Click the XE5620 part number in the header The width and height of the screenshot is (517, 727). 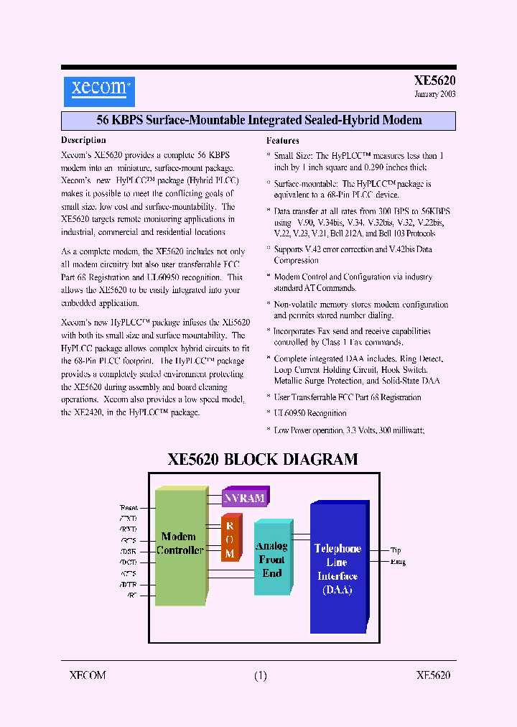pyautogui.click(x=434, y=81)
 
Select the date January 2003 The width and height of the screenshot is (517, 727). pyautogui.click(x=434, y=94)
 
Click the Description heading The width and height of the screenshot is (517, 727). pyautogui.click(x=83, y=140)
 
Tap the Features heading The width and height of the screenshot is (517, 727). pyautogui.click(x=283, y=141)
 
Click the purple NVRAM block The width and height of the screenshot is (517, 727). pyautogui.click(x=243, y=498)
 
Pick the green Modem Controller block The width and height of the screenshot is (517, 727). pyautogui.click(x=180, y=544)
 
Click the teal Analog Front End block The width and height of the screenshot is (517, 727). pyautogui.click(x=272, y=559)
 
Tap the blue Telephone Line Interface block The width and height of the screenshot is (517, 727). pyautogui.click(x=337, y=568)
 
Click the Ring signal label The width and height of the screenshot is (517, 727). pyautogui.click(x=398, y=562)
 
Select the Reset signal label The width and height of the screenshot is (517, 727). pyautogui.click(x=129, y=507)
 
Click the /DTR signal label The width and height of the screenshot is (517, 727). pyautogui.click(x=129, y=585)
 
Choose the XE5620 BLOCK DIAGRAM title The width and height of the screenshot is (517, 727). pyautogui.click(x=263, y=459)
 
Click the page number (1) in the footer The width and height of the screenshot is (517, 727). pyautogui.click(x=260, y=675)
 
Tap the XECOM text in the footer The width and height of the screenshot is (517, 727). pyautogui.click(x=88, y=675)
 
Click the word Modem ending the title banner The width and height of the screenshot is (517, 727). pyautogui.click(x=402, y=120)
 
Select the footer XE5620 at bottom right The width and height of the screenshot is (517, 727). pyautogui.click(x=433, y=675)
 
